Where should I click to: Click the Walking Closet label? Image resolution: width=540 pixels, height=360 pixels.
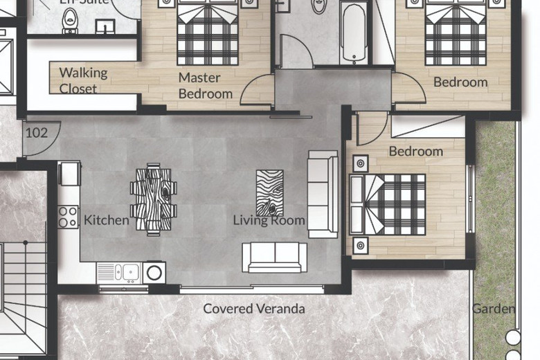[83, 80]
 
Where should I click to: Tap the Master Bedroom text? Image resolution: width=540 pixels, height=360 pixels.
[205, 86]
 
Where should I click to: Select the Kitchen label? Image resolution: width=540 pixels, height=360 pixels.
[106, 220]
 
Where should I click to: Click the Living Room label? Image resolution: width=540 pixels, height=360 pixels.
[269, 220]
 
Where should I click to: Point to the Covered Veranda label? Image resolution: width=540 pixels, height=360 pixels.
[253, 309]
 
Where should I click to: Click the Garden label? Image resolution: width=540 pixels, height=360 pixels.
[494, 309]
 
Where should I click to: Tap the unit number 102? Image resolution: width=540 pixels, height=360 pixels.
[36, 132]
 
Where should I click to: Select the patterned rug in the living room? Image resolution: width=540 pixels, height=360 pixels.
[269, 193]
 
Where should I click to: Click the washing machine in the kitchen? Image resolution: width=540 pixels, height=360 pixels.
[154, 271]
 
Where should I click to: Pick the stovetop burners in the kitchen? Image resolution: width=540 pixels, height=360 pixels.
[68, 217]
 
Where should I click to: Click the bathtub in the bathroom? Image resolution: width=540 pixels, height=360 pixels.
[353, 33]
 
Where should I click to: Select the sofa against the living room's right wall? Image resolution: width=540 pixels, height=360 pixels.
[323, 194]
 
